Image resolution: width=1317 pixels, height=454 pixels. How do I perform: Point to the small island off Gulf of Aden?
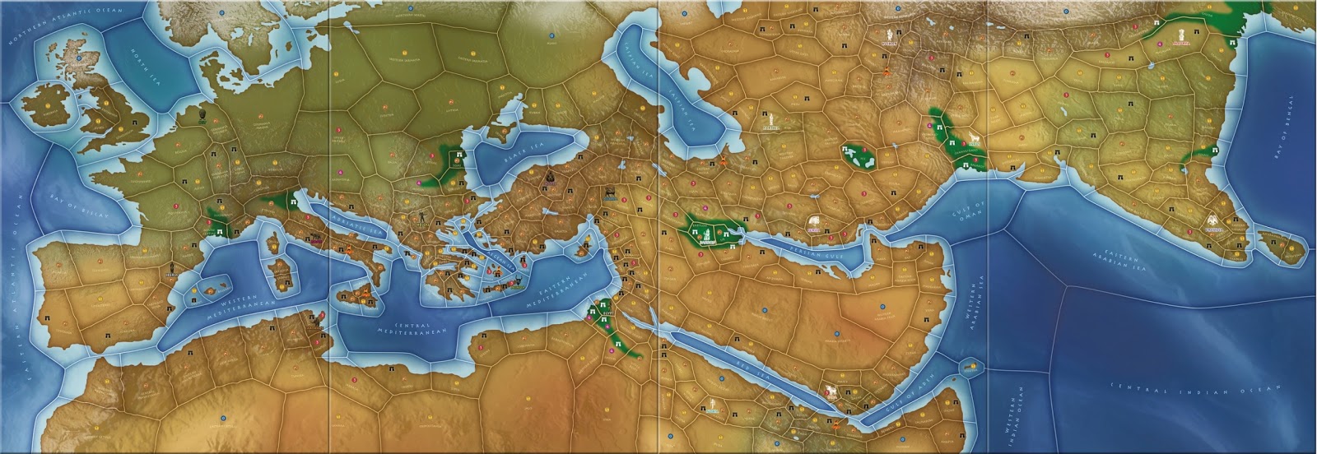click(972, 365)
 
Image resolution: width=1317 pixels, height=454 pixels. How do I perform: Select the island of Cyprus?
click(579, 247)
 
